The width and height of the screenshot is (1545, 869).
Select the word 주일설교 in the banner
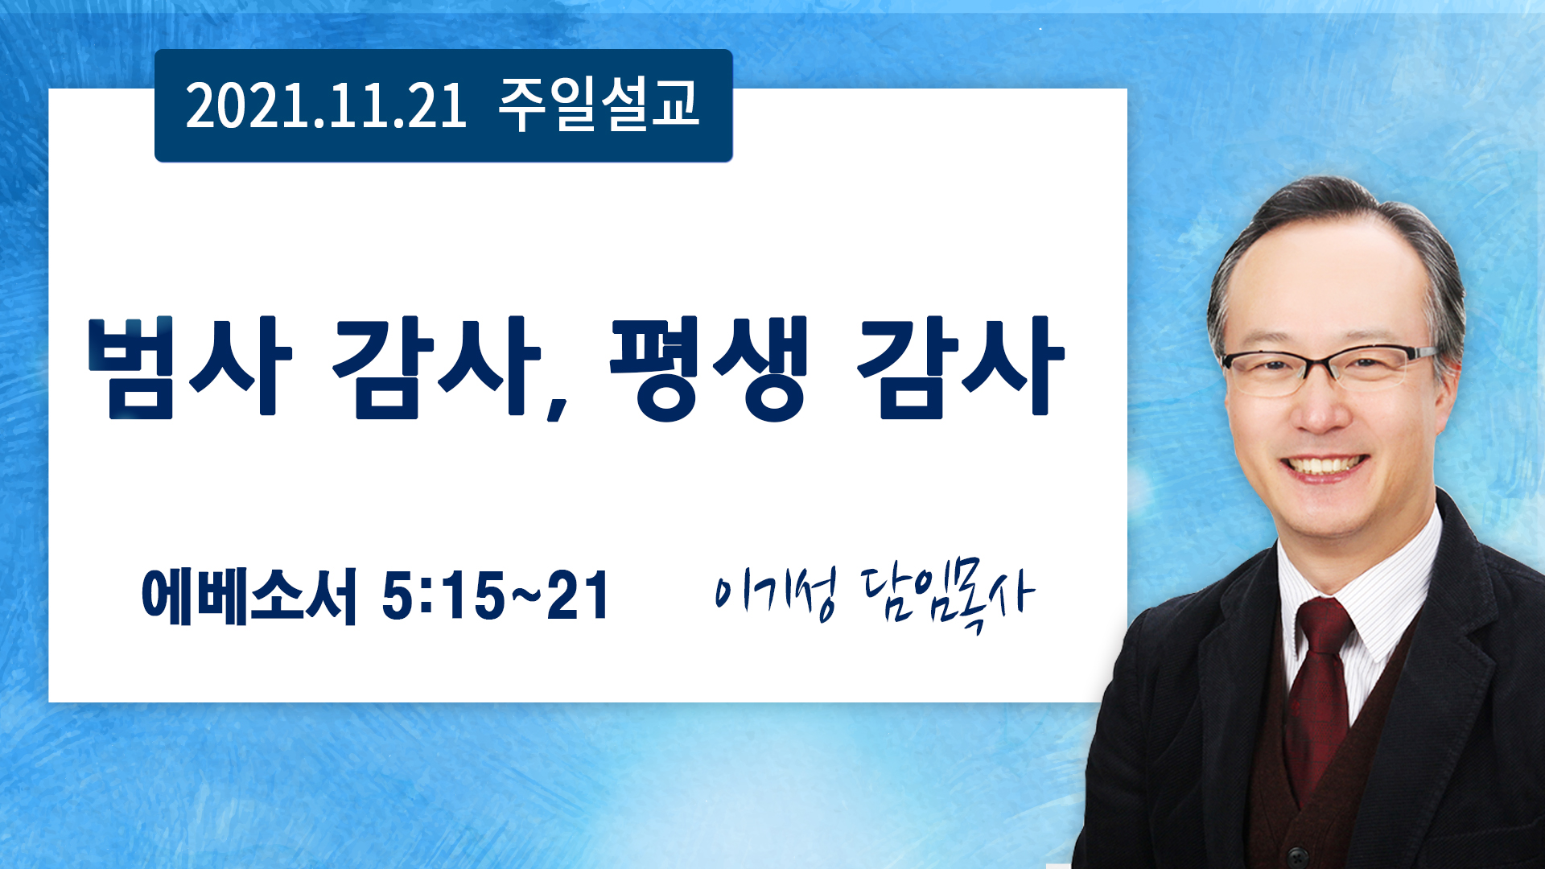599,105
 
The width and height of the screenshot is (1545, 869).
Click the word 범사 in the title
189,367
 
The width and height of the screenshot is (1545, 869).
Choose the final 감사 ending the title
960,367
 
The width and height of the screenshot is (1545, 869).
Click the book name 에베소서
249,595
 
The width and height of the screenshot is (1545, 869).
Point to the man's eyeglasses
1329,369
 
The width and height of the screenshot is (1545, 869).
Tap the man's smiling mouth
1324,467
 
